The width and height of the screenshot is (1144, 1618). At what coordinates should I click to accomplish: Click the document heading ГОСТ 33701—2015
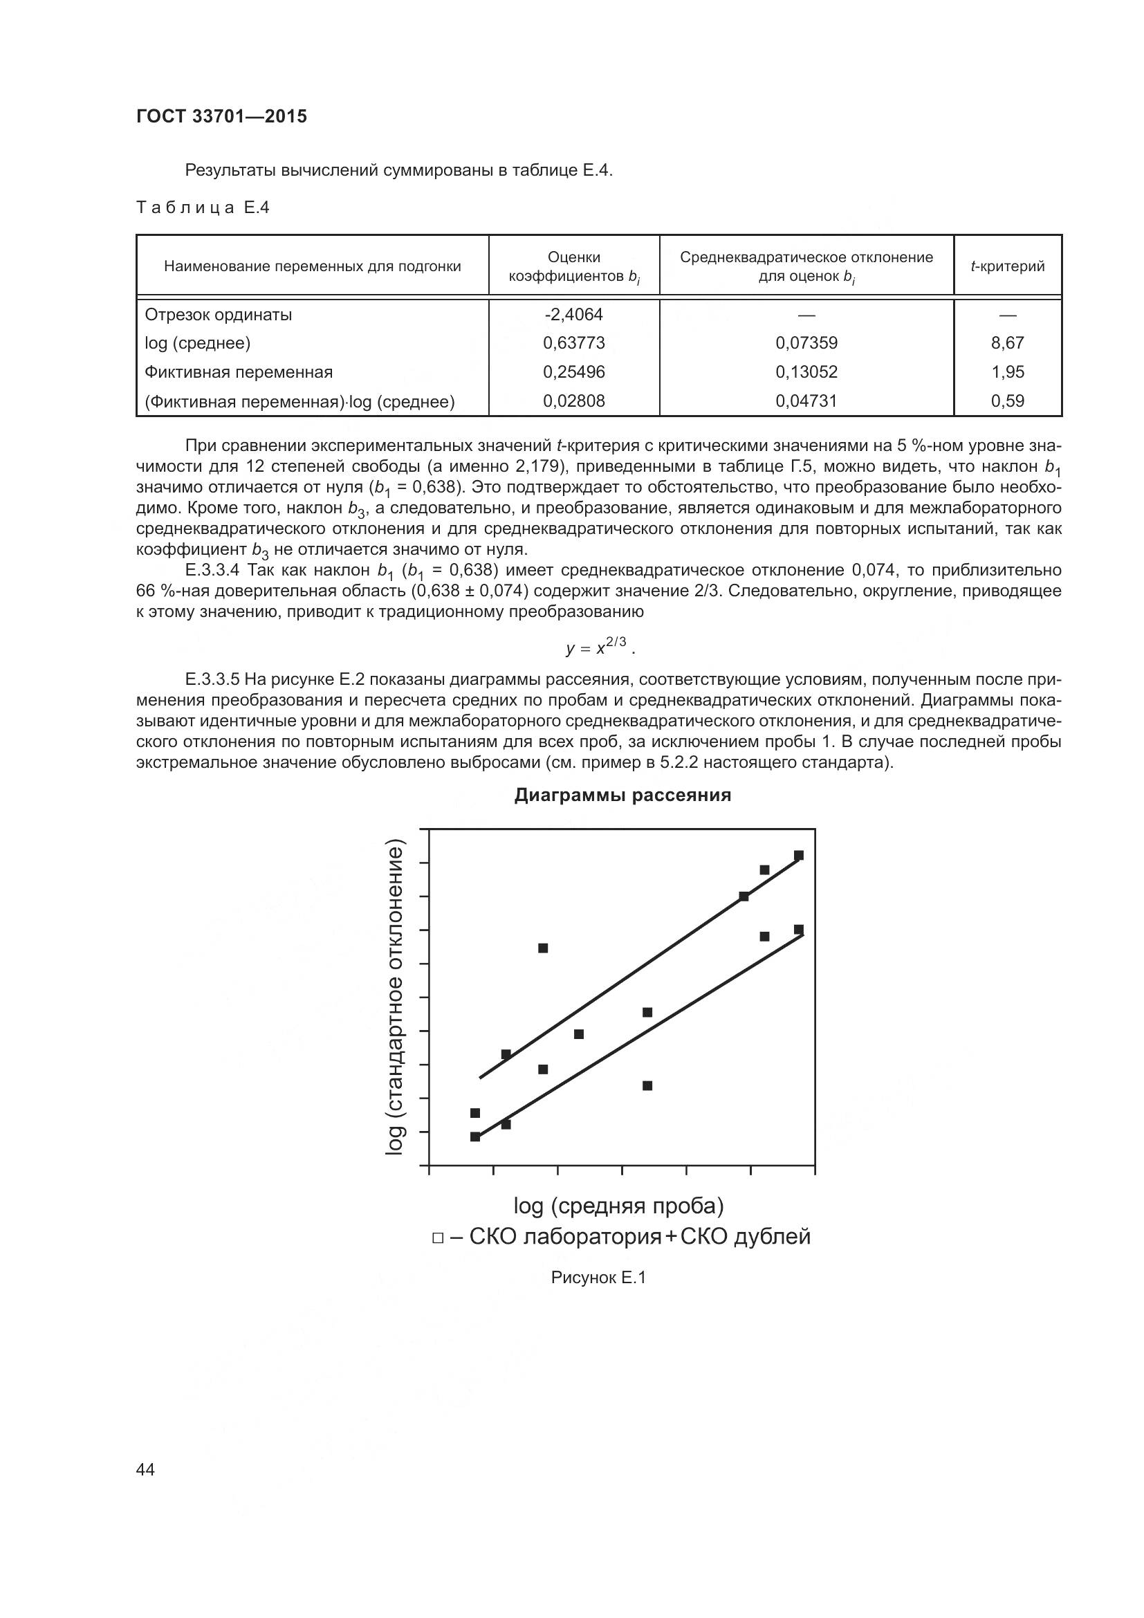(x=222, y=116)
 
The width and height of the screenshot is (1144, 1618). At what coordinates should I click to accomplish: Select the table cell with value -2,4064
(x=573, y=314)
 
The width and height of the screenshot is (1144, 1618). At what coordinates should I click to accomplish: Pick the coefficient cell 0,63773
(x=573, y=343)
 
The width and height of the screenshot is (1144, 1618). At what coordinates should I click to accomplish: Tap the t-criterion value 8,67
(x=1007, y=343)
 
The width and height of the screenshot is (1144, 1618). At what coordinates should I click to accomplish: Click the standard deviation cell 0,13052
(x=806, y=372)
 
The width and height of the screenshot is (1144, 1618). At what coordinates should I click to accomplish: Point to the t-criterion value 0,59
(x=1007, y=401)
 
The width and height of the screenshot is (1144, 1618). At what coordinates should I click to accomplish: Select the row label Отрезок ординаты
(x=219, y=314)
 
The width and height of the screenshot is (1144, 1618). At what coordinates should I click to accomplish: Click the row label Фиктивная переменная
(x=239, y=372)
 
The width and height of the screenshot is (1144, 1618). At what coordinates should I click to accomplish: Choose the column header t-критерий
(x=1007, y=266)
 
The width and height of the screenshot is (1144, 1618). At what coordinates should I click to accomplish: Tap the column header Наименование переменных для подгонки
(x=312, y=266)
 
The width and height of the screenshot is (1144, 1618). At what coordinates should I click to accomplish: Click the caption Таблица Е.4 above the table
(x=203, y=208)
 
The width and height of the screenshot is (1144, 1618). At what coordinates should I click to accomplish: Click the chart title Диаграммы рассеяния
(x=622, y=796)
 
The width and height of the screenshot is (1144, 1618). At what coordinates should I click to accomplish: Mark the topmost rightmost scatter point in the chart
(x=799, y=856)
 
